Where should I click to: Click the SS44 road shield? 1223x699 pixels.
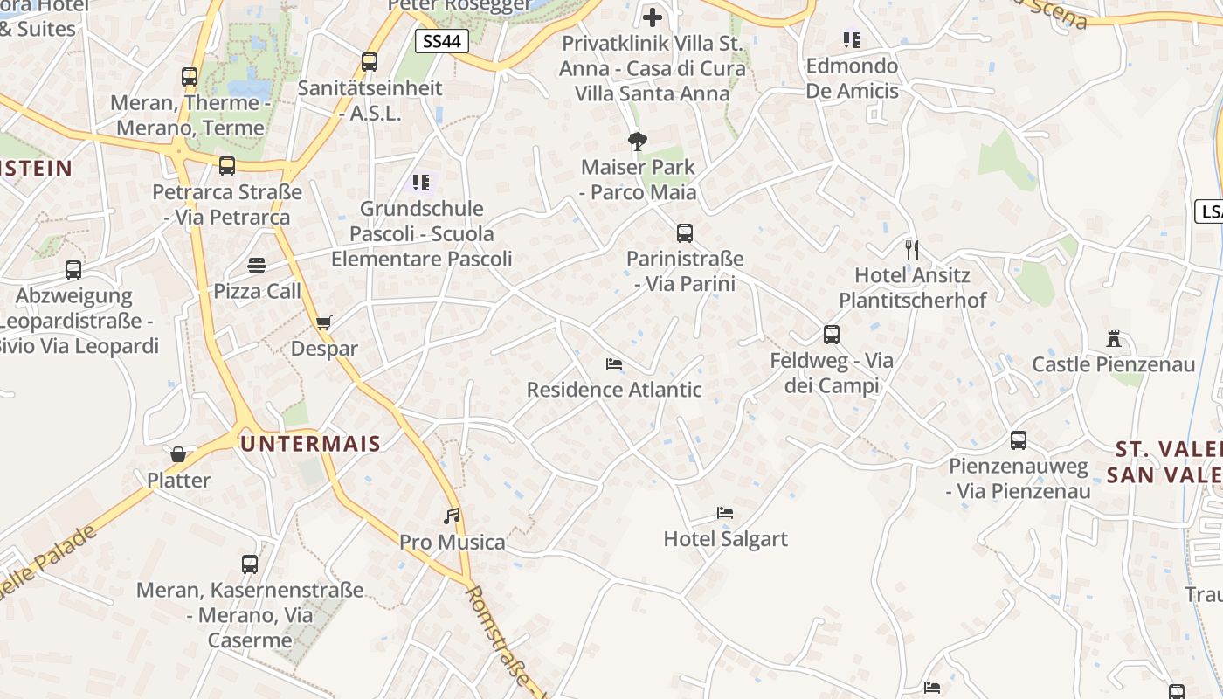coord(442,41)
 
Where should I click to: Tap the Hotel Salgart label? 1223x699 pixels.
coord(725,539)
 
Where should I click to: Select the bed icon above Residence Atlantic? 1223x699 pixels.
coord(614,364)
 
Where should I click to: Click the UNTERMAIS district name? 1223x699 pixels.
coord(311,444)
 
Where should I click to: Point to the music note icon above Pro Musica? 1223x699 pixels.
coord(452,516)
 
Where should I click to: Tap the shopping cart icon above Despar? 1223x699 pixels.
coord(324,322)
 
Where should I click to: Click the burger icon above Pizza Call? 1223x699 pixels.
coord(257,265)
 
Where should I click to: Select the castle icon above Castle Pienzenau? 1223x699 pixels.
coord(1113,338)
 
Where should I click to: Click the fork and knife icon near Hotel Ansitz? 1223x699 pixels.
coord(912,250)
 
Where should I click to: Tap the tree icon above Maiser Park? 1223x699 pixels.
coord(638,141)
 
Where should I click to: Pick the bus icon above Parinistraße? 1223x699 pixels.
coord(685,233)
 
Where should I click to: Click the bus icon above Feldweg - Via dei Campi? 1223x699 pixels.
coord(832,335)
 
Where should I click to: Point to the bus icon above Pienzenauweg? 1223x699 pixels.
coord(1019,440)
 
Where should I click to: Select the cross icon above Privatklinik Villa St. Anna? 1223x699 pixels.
coord(653,17)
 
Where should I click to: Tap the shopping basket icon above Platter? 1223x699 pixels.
coord(178,454)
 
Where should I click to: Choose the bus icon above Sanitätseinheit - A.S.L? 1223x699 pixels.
coord(370,62)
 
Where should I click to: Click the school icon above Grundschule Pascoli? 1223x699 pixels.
coord(421,183)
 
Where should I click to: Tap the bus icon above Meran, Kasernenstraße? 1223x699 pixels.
coord(250,564)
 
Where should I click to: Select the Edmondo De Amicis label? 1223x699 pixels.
coord(852,79)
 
